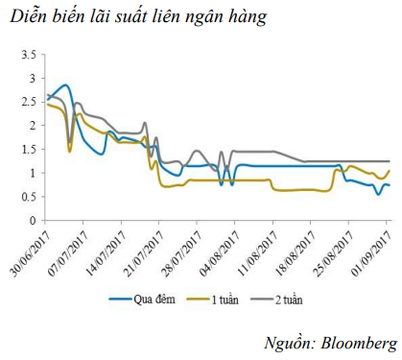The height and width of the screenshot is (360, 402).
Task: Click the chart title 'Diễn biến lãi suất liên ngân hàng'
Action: (134, 18)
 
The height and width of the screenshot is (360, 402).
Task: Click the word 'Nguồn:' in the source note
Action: (289, 343)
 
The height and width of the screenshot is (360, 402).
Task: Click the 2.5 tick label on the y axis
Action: (28, 101)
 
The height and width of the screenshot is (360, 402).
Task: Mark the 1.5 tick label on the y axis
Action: (28, 149)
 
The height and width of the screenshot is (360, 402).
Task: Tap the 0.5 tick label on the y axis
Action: (28, 196)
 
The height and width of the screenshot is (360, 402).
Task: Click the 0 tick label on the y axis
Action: (32, 220)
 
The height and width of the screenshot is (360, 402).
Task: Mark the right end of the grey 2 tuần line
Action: (390, 161)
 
